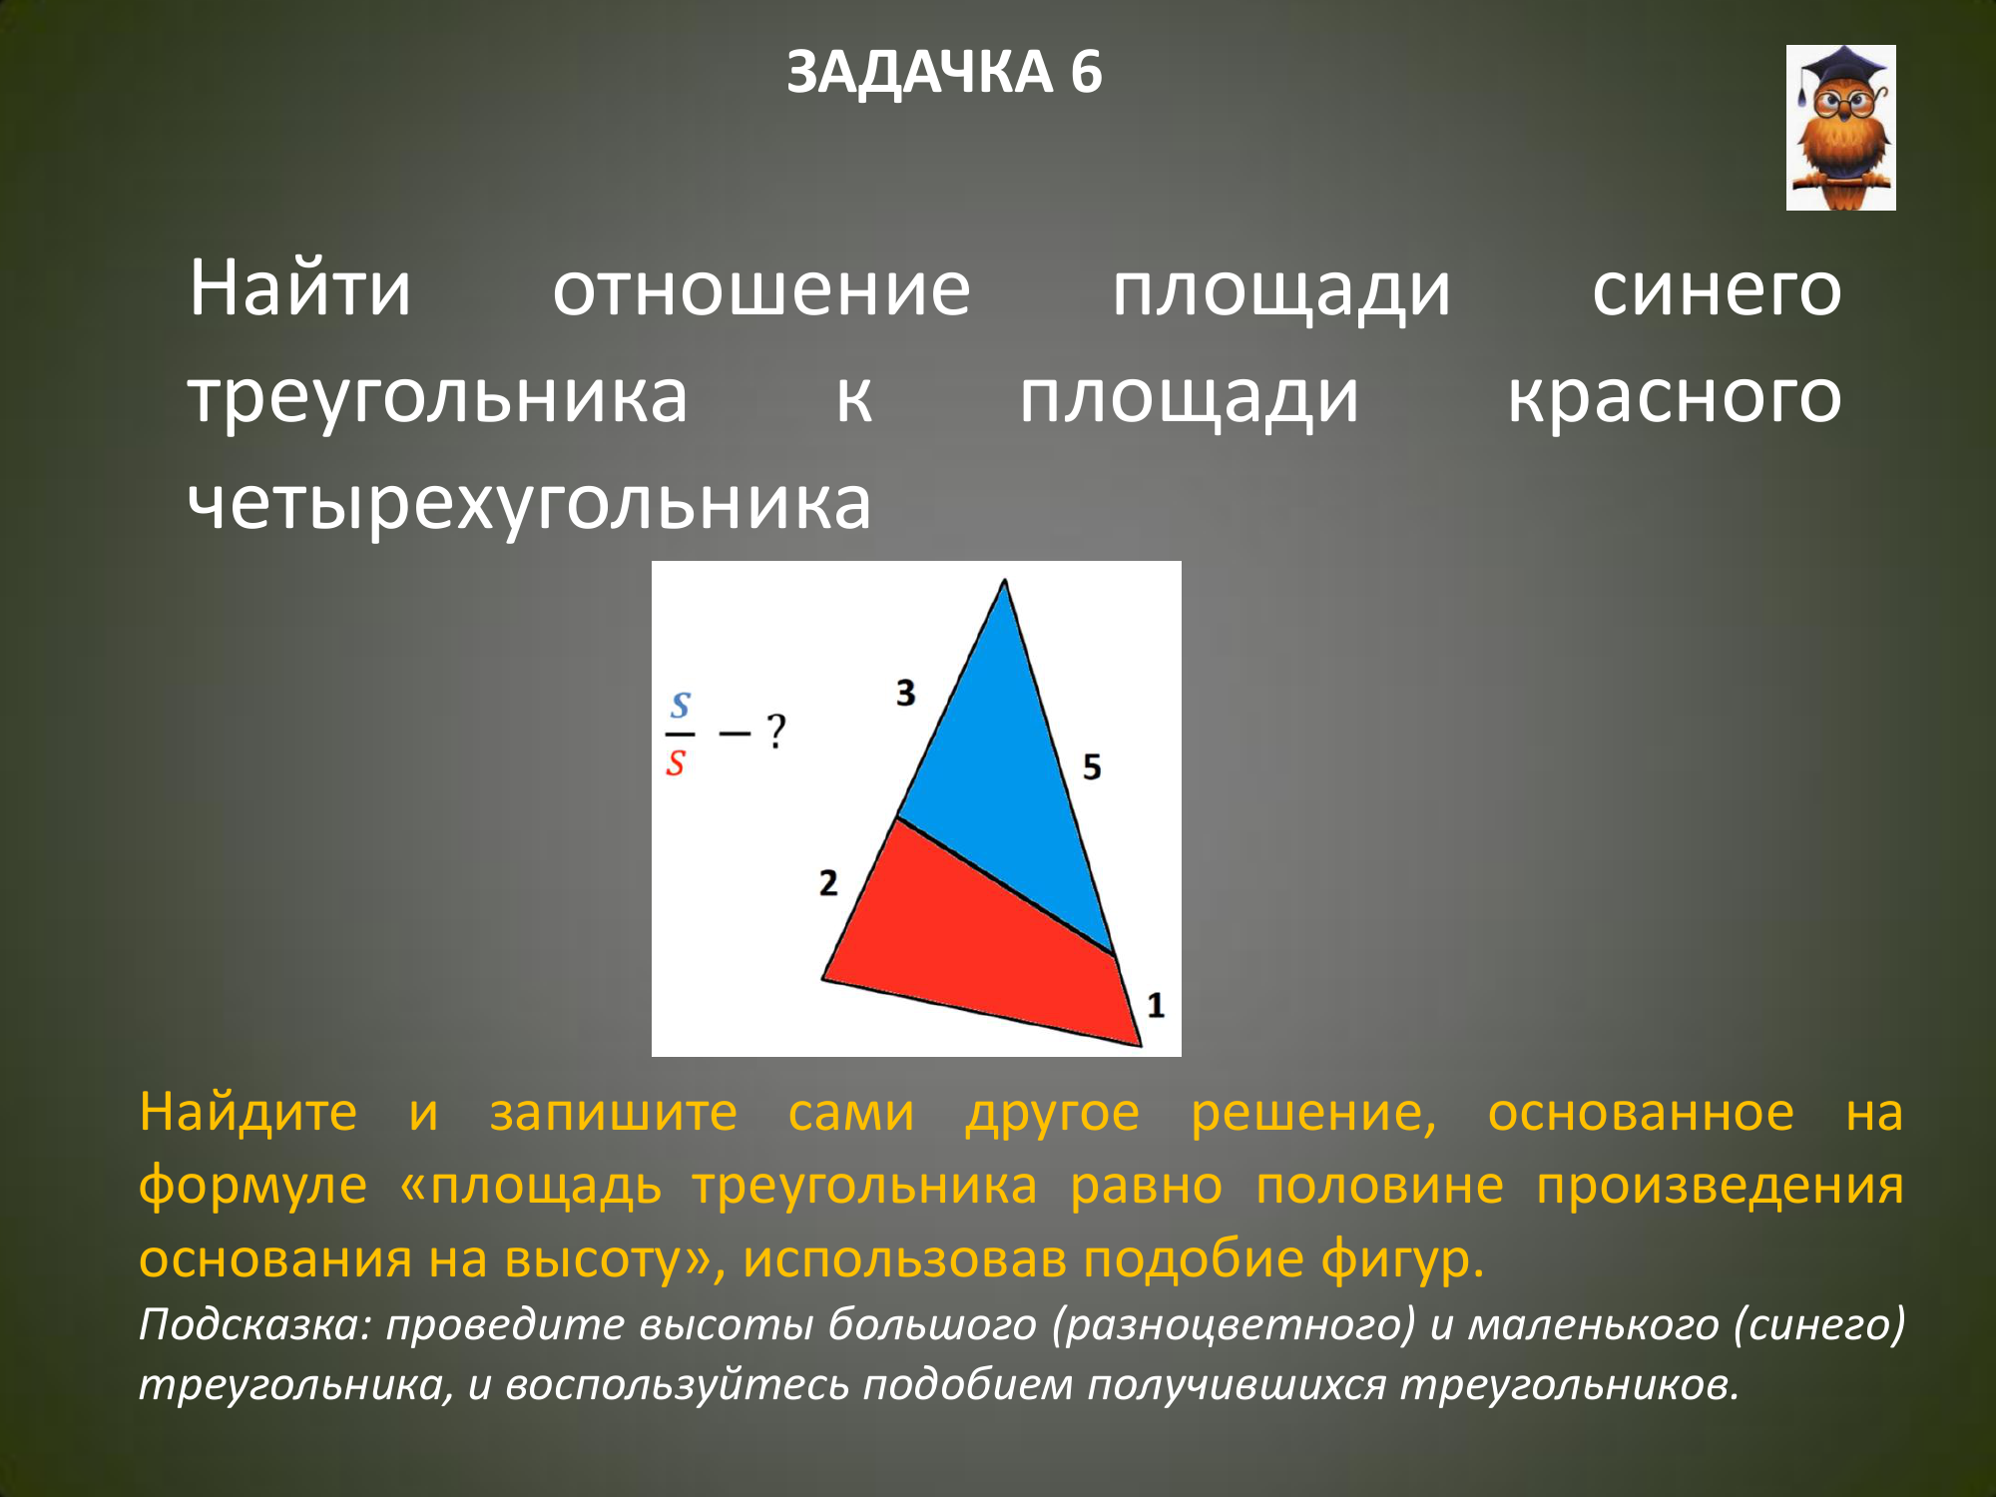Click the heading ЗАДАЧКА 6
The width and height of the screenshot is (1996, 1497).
coord(944,72)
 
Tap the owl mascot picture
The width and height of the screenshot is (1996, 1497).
coord(1840,128)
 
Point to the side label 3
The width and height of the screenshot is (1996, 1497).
coord(905,693)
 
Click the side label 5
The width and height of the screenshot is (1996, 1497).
coord(1092,767)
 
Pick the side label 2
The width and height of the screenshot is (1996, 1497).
coord(828,883)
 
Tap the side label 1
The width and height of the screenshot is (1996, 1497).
coord(1156,1005)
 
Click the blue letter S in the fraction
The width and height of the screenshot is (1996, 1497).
coord(681,706)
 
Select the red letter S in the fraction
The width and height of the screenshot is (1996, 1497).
coord(676,763)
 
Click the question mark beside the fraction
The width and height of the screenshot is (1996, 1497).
coord(776,732)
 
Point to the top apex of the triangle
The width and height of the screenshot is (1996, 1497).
coord(1004,580)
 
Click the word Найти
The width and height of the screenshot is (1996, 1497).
coord(300,288)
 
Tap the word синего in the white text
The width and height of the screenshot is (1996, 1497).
coord(1717,291)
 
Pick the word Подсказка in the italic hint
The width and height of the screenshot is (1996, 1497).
coord(254,1324)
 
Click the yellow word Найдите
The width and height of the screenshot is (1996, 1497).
coord(248,1113)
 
